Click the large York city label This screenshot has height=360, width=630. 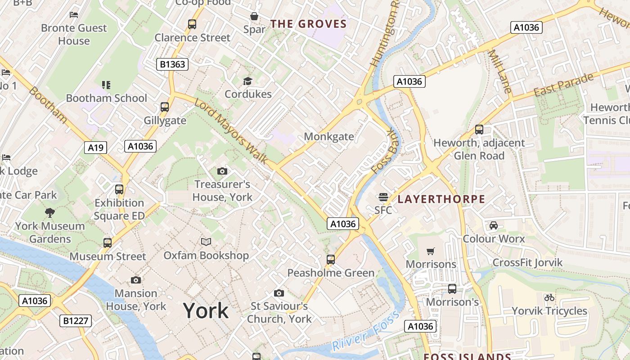click(206, 311)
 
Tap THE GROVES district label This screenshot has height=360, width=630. click(309, 24)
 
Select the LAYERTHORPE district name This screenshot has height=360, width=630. click(441, 199)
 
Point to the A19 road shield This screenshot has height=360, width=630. click(95, 147)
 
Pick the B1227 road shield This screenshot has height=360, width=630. click(76, 321)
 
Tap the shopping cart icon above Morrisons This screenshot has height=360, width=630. click(431, 251)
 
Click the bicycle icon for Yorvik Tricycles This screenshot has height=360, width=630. click(549, 297)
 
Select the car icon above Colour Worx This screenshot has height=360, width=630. click(494, 225)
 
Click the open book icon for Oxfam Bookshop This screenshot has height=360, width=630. click(206, 242)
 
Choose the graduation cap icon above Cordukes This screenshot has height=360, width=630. click(248, 81)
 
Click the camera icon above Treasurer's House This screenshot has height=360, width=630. click(222, 171)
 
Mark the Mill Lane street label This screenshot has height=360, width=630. click(500, 72)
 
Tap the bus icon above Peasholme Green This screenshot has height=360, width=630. click(331, 260)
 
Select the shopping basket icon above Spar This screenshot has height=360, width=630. click(254, 17)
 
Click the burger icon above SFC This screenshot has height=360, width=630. click(383, 197)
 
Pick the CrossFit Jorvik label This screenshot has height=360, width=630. click(527, 262)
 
